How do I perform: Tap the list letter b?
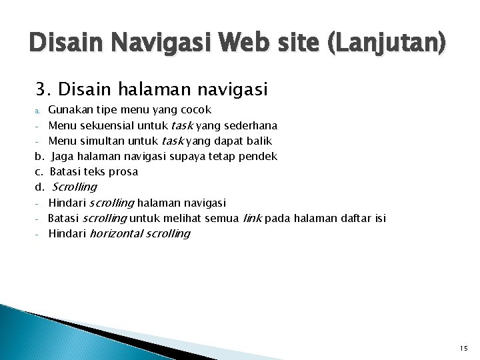pos(39,156)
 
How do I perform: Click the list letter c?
pos(39,171)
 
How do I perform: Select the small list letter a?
pos(39,110)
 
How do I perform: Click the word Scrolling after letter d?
pos(74,187)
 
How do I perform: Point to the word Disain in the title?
pos(63,45)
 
